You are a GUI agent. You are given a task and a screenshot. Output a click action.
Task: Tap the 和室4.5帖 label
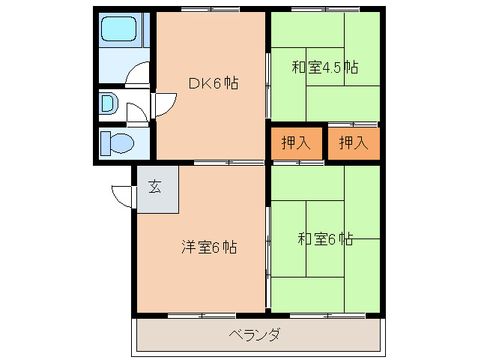pos(324,68)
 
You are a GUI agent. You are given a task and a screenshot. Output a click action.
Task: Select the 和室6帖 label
pos(325,240)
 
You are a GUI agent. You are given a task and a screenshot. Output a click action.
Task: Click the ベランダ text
pos(255,334)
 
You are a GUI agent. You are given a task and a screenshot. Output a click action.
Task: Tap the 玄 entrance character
pos(154,187)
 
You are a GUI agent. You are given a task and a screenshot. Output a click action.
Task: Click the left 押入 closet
pos(296,143)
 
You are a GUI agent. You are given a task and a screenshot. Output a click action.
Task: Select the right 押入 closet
pos(353,143)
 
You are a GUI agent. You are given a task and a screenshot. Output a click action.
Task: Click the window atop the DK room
pos(210,9)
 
